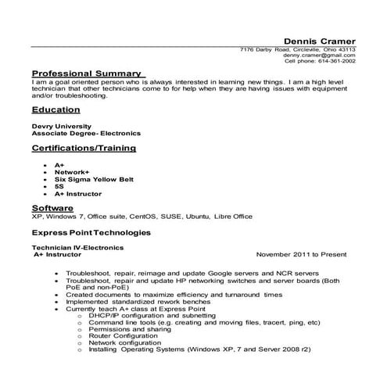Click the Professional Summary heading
click(x=86, y=73)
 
